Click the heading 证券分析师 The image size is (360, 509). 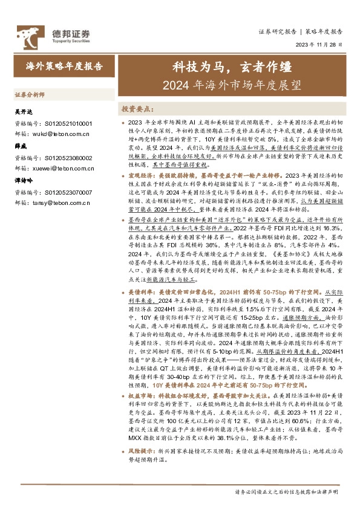(x=30, y=95)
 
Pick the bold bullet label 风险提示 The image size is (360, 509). (x=143, y=450)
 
